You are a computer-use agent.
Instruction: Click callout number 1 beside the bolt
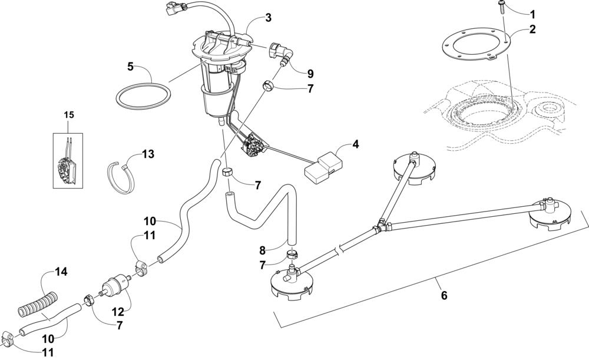[x=533, y=14]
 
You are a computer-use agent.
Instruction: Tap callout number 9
[x=310, y=74]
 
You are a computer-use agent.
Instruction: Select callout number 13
[x=147, y=154]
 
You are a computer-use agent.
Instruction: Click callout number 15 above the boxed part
[x=69, y=114]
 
